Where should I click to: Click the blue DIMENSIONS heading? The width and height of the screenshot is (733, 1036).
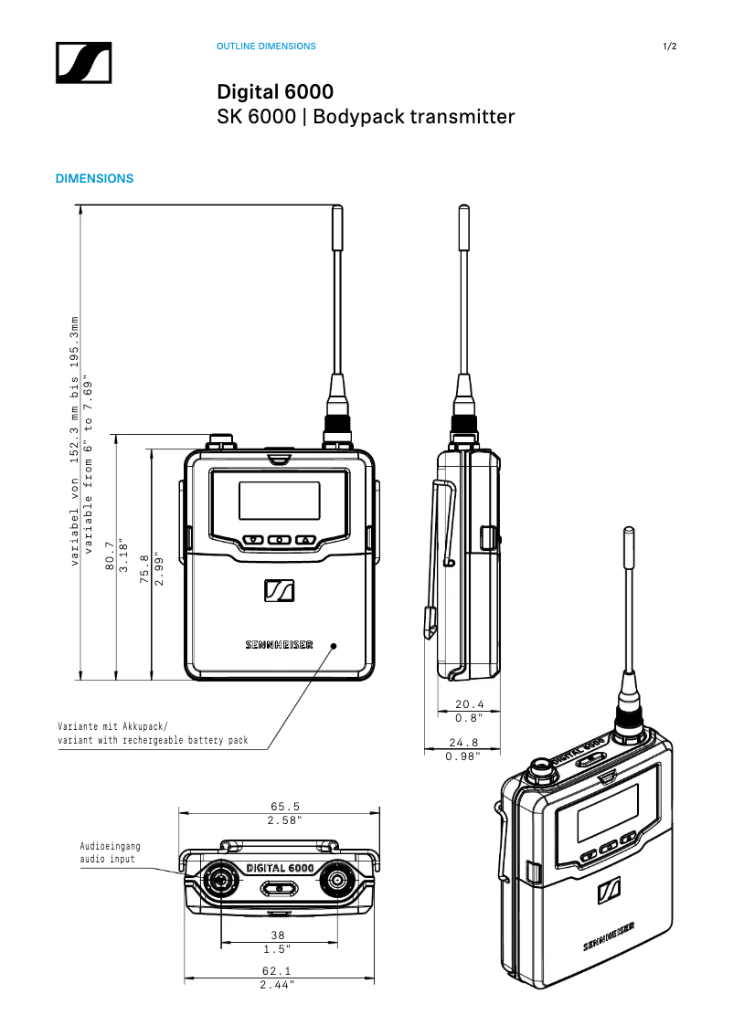95,179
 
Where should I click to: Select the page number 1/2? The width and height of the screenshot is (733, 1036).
670,47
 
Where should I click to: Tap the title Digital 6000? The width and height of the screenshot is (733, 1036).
274,92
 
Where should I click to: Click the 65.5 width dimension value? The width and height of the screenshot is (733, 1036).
285,806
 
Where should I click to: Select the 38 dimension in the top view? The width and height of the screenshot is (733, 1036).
279,935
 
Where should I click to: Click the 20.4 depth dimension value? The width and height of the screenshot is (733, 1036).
469,704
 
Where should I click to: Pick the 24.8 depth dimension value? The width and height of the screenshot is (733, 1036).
468,743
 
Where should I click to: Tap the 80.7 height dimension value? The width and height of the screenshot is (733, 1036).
110,556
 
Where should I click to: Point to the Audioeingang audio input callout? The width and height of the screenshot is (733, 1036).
110,852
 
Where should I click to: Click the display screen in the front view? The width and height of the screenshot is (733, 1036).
279,501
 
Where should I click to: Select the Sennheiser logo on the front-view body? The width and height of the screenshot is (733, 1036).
280,591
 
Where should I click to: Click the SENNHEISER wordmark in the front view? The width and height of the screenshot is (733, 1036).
279,644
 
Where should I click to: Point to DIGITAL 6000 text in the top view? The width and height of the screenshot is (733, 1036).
280,867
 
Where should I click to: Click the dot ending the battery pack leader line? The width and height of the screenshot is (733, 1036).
334,646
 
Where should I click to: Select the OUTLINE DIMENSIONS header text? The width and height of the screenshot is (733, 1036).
266,47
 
